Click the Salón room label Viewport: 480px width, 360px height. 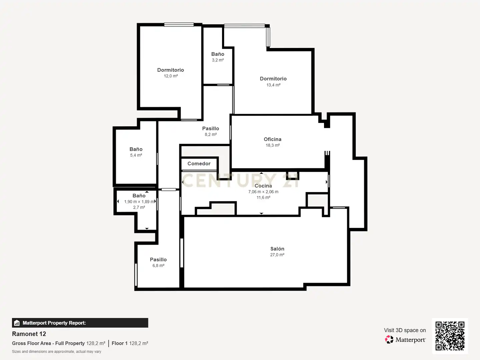pyautogui.click(x=277, y=249)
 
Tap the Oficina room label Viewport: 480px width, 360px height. pyautogui.click(x=272, y=139)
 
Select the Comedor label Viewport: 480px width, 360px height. pyautogui.click(x=199, y=163)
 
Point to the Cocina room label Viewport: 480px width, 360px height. pyautogui.click(x=263, y=186)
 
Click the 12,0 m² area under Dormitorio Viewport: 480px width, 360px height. pyautogui.click(x=171, y=76)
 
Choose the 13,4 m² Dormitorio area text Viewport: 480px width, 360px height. pyautogui.click(x=273, y=85)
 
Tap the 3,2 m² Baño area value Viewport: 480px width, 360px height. pyautogui.click(x=218, y=60)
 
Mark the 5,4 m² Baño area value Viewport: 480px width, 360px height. pyautogui.click(x=136, y=155)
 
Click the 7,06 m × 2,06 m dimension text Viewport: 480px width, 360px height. pyautogui.click(x=263, y=192)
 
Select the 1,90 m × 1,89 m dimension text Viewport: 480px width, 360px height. pyautogui.click(x=139, y=202)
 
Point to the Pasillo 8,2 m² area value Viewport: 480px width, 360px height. pyautogui.click(x=211, y=134)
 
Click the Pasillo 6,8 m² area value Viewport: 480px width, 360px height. pyautogui.click(x=158, y=266)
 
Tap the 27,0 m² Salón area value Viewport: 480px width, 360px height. pyautogui.click(x=277, y=255)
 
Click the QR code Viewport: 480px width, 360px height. pyautogui.click(x=450, y=336)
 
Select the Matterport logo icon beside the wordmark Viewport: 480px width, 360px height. pyautogui.click(x=389, y=339)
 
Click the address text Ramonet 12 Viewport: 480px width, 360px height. pyautogui.click(x=29, y=334)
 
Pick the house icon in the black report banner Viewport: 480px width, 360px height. pyautogui.click(x=17, y=323)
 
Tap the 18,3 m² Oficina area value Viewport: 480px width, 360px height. pyautogui.click(x=272, y=145)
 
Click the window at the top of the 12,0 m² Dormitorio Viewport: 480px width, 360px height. pyautogui.click(x=179, y=25)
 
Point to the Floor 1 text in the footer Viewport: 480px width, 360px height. pyautogui.click(x=119, y=343)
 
